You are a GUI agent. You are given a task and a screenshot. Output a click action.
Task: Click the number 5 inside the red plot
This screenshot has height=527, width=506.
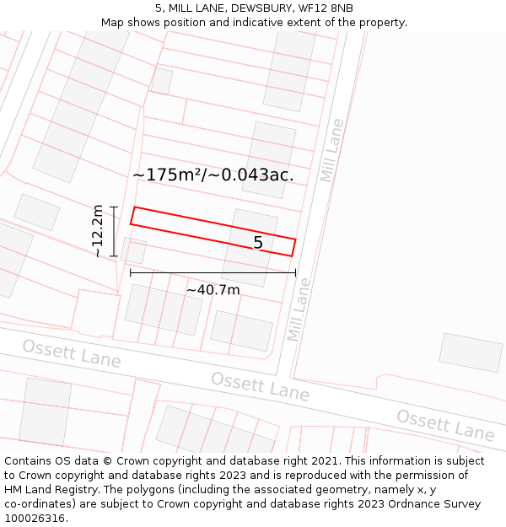tap(258, 243)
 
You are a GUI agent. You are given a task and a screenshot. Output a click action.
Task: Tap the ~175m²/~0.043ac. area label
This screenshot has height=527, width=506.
tap(213, 175)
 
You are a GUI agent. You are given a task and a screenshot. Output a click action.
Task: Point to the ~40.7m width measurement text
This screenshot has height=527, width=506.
tap(213, 290)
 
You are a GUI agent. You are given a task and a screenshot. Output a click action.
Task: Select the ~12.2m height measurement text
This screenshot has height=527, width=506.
tap(99, 230)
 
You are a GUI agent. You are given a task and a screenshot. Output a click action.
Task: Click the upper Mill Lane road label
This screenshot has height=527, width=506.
tap(332, 150)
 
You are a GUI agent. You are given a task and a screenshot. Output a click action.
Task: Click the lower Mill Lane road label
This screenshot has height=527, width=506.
tap(299, 309)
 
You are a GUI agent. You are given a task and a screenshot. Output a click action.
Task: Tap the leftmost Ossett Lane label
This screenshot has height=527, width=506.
tap(71, 353)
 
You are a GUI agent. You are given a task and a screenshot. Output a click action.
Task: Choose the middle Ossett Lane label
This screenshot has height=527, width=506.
tap(260, 385)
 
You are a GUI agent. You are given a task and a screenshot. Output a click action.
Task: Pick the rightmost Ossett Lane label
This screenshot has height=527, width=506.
tap(445, 425)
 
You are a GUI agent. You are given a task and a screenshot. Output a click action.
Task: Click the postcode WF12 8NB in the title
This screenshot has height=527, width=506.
tap(324, 8)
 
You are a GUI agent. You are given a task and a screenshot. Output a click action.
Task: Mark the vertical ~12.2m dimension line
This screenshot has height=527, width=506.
tap(114, 230)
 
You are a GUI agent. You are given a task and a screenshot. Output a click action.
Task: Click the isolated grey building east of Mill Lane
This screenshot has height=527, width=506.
tap(471, 352)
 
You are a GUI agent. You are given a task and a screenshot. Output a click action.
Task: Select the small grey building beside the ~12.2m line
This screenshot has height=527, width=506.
tap(133, 250)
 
